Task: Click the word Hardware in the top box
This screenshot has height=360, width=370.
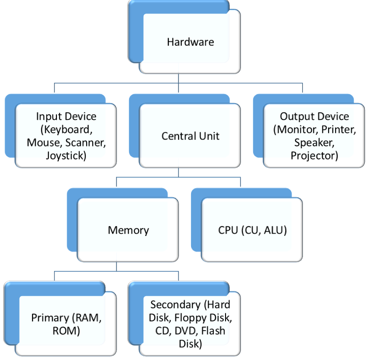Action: (x=190, y=42)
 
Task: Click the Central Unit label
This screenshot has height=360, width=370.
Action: (x=190, y=136)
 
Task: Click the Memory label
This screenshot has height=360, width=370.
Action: (x=128, y=230)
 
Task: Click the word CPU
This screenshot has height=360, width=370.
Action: (x=228, y=230)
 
